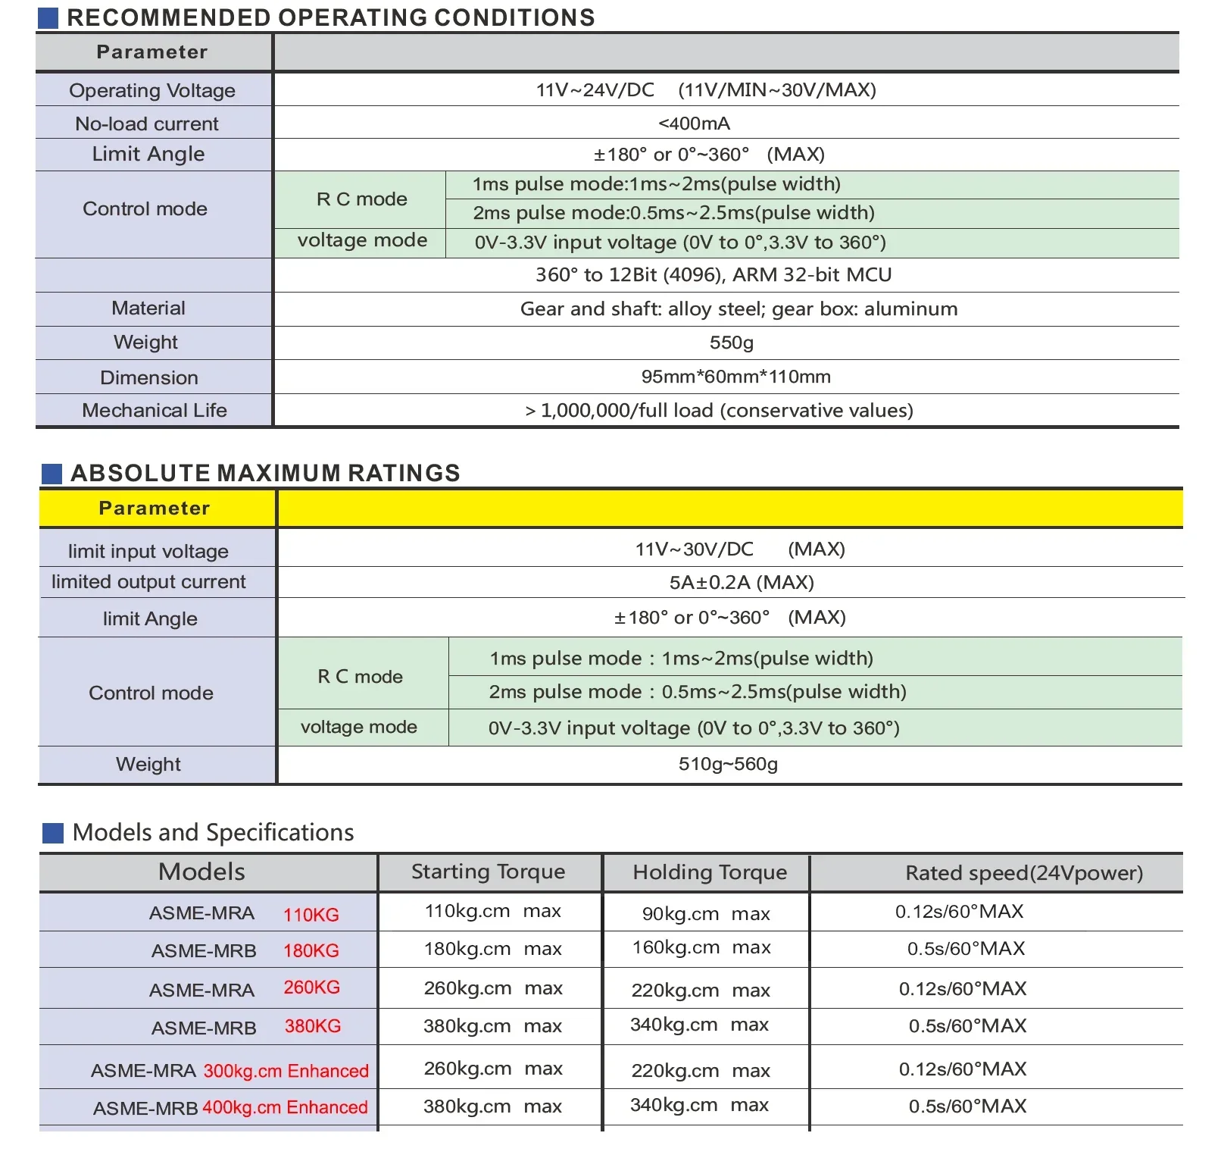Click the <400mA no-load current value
tap(694, 124)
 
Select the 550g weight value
tap(731, 343)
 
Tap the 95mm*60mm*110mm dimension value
tap(735, 377)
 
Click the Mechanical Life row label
tap(155, 410)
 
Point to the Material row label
tap(148, 308)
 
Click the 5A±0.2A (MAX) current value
tap(741, 582)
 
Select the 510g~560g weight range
tap(728, 764)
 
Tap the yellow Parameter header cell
tap(155, 508)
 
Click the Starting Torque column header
tap(488, 872)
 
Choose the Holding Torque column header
tap(710, 872)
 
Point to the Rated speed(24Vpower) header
tap(1024, 873)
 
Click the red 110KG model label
tap(311, 915)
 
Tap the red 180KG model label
tap(311, 951)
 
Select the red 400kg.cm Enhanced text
tap(285, 1107)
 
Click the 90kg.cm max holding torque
tap(706, 914)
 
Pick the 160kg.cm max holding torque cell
tap(701, 947)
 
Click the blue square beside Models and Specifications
tap(53, 833)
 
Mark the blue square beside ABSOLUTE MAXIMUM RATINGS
tap(52, 474)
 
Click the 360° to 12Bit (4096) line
tap(713, 274)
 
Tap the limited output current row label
tap(148, 581)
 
